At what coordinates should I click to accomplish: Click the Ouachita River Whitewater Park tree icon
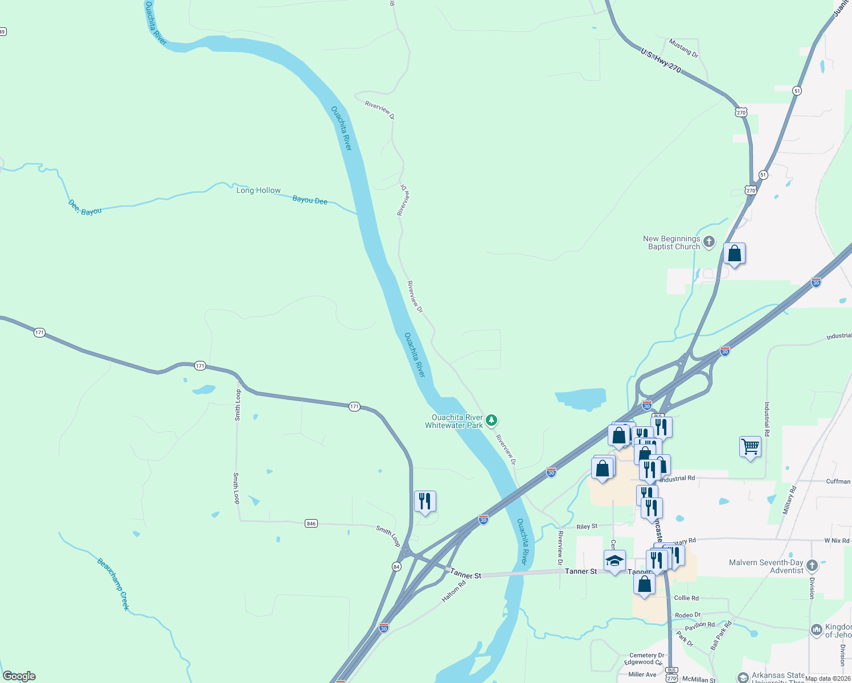491,421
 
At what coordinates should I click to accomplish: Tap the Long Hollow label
259,191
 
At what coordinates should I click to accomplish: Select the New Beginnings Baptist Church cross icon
709,242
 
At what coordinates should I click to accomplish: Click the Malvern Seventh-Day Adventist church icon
812,566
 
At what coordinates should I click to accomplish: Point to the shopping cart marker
750,447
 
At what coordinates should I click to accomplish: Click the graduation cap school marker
615,561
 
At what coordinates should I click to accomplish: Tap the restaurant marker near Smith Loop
425,501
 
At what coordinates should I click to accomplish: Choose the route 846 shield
311,524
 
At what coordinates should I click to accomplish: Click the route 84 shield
396,566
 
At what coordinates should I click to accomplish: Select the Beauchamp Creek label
113,584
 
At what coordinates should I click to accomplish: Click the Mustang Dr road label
683,48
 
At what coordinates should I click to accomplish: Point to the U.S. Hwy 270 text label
661,60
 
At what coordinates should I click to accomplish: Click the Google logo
19,676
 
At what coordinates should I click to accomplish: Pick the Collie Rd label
686,598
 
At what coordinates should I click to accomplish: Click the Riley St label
587,526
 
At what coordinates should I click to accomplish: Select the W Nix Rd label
837,540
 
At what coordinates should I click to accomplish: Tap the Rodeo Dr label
687,615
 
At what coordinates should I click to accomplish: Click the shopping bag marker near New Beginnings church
734,254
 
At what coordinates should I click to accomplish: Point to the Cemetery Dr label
646,656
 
